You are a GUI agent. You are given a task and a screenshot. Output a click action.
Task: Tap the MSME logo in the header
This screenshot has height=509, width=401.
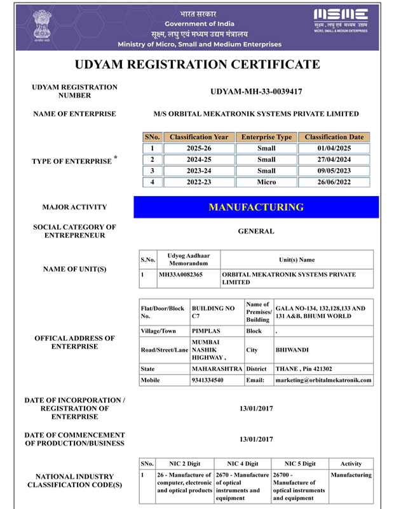pos(341,21)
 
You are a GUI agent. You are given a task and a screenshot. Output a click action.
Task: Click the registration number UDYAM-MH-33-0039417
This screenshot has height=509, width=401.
pos(256,91)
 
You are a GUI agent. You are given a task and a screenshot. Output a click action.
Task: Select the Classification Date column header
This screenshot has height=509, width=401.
pos(334,137)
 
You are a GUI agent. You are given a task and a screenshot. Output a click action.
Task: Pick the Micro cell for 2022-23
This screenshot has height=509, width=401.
pos(266,182)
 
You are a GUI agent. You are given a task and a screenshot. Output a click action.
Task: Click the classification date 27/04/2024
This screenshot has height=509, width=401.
pos(334,159)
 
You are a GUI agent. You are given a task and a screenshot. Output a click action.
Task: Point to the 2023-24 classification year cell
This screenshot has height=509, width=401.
pos(200,171)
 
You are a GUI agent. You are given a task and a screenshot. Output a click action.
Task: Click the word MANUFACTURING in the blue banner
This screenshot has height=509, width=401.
pos(256,207)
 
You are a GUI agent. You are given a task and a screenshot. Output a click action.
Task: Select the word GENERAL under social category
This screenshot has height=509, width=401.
pos(256,231)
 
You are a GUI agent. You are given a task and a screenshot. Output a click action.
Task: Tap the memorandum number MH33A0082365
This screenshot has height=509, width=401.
pos(180,275)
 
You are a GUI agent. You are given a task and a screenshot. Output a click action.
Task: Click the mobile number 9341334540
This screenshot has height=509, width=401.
pos(207,380)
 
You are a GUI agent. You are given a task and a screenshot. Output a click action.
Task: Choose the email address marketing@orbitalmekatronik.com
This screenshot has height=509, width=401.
pos(323,380)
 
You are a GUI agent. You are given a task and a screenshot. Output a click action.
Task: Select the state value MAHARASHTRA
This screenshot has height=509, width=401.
pos(217,369)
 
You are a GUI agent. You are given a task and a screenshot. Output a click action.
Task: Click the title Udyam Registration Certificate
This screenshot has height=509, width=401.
pos(197,64)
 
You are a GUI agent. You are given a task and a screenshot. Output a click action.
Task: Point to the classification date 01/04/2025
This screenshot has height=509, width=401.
pos(334,149)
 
